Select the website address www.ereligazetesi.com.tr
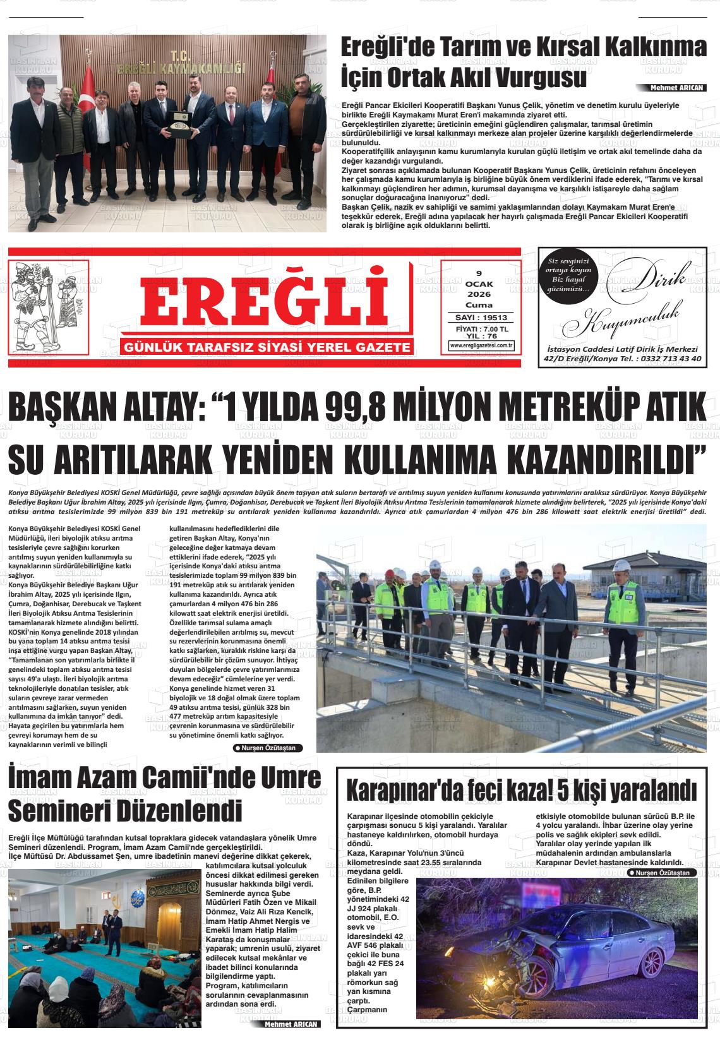click(x=481, y=345)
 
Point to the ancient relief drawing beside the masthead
click(x=51, y=307)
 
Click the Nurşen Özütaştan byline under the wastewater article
click(x=268, y=748)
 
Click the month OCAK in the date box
click(x=479, y=284)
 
